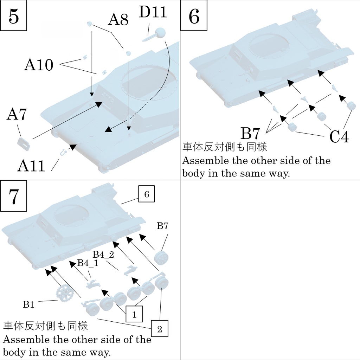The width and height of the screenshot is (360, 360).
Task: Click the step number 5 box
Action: [x=14, y=16]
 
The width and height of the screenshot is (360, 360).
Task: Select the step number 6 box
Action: [x=194, y=16]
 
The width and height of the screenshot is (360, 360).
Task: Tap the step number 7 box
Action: [x=14, y=197]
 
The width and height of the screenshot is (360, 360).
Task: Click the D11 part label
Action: [x=152, y=12]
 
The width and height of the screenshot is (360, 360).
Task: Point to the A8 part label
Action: [x=118, y=20]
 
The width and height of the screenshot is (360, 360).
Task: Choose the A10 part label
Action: [x=39, y=65]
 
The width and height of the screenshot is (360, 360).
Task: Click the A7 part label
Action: [x=17, y=115]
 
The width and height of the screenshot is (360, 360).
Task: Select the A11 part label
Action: [x=31, y=166]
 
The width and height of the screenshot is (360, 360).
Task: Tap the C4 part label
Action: [x=339, y=137]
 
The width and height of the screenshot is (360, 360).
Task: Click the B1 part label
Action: [x=29, y=305]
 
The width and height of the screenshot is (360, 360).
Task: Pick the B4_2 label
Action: [x=103, y=255]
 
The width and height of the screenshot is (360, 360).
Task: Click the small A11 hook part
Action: [x=63, y=152]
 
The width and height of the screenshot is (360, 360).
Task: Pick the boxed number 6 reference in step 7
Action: [x=146, y=194]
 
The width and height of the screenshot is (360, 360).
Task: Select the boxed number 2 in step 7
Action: [x=160, y=329]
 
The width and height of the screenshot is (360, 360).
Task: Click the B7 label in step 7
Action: [x=162, y=226]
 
